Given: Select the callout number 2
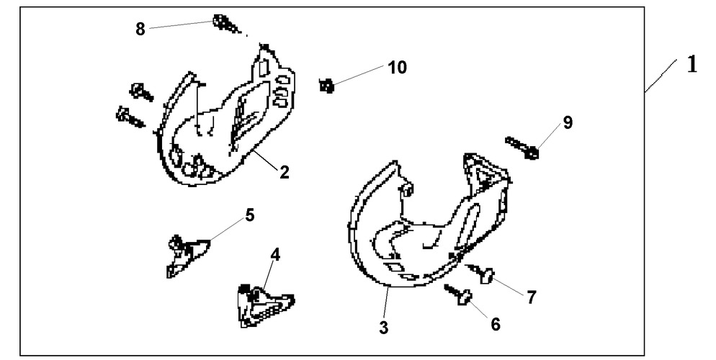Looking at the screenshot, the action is pos(284,173).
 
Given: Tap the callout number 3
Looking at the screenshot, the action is pos(383,327).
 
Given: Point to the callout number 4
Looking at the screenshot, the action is pos(275,255).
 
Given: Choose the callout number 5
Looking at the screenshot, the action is pos(250,215).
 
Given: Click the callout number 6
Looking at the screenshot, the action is pos(496,324).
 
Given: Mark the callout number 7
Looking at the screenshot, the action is pos(531,297).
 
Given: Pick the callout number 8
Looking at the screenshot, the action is pos(140,29).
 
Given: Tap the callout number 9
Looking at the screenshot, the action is pos(568,122).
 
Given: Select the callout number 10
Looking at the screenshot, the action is pos(398,68).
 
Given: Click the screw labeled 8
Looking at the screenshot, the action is pos(227,24).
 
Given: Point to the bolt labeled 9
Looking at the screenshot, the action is pos(522,148).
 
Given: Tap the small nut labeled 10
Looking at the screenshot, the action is pos(326,86).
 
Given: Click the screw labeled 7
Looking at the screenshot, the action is pos(481,272).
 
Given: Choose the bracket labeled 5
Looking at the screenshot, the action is pos(186,256).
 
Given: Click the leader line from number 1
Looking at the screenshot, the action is pos(661,76).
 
